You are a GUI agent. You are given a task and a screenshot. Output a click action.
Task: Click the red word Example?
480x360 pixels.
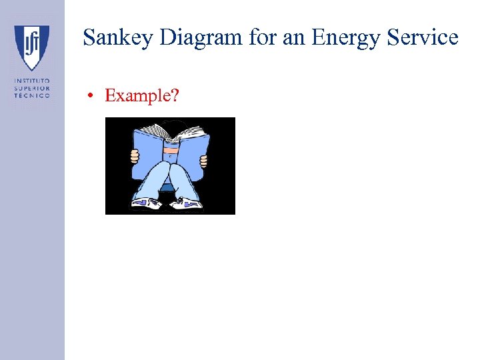(x=141, y=95)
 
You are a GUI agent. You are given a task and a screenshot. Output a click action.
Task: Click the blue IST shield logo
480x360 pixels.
(x=32, y=47)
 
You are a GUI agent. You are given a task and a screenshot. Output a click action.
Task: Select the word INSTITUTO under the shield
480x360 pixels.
(x=32, y=81)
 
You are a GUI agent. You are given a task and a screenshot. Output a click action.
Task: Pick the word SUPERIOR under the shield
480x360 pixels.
(x=32, y=88)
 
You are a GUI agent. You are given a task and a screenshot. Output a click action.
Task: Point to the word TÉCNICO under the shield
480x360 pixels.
(x=32, y=95)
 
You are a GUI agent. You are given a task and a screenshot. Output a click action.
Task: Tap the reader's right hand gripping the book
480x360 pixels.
(x=204, y=161)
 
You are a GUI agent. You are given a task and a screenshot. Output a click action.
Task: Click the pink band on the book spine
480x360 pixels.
(x=171, y=151)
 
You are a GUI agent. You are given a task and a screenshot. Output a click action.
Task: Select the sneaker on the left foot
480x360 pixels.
(x=146, y=203)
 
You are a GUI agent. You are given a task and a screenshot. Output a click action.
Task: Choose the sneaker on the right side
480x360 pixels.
(x=187, y=203)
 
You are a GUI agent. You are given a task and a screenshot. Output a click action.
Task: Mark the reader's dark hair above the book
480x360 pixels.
(x=175, y=123)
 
